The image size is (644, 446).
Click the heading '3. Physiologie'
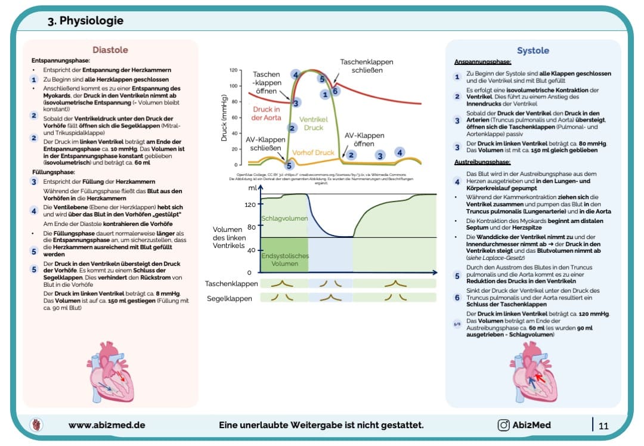pos(85,21)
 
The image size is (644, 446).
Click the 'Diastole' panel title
pos(110,50)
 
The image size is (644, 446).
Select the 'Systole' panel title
pos(533,51)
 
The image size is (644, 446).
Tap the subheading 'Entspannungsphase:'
pos(60,61)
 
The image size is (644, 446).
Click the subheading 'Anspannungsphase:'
pos(482,62)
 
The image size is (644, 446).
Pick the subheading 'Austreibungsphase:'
pos(482,162)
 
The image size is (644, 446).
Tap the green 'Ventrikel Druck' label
pos(314,123)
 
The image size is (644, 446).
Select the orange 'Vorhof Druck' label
pos(317,153)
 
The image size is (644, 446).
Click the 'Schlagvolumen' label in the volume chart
pos(284,218)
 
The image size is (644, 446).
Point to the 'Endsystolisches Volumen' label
pos(284,259)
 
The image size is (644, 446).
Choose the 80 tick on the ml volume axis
pos(251,227)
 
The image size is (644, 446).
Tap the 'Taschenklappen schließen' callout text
pos(367,66)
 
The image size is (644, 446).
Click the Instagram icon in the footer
pos(503,425)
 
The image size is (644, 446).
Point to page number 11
pos(603,425)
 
